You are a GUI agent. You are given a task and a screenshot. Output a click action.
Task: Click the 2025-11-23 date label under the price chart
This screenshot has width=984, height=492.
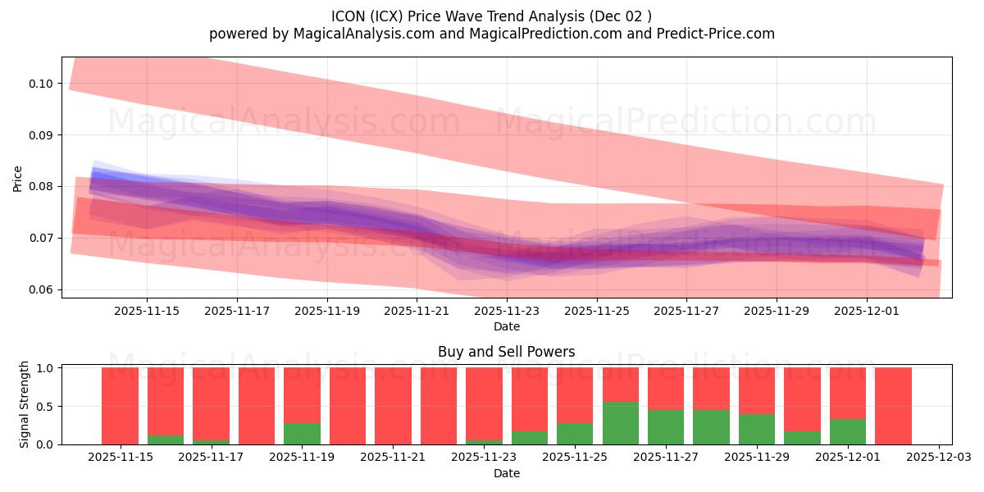point(507,311)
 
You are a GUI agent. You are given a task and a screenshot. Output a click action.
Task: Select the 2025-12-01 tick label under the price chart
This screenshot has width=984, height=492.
point(867,311)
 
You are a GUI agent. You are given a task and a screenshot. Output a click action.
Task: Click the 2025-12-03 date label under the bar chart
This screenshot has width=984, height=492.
point(938,458)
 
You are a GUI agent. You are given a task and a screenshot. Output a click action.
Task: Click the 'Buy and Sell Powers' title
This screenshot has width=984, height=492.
point(506,352)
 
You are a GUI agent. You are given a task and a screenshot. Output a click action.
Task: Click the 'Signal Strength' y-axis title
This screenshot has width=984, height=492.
point(25,404)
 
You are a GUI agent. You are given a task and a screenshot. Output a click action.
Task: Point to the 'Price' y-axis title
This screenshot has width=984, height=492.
point(18,179)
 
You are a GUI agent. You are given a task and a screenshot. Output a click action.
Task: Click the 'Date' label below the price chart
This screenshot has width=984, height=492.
point(507,326)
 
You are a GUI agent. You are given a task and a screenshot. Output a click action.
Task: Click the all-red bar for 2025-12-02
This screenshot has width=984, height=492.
point(893,406)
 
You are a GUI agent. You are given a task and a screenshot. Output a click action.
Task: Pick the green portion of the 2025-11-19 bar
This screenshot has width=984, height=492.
point(302,434)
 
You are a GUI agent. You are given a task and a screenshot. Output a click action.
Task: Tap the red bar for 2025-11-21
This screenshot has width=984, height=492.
point(393,406)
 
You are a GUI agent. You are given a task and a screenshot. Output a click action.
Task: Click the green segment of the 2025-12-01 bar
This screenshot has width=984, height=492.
point(847,431)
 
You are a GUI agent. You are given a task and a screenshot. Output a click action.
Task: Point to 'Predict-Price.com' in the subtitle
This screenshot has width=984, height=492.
point(719,34)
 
